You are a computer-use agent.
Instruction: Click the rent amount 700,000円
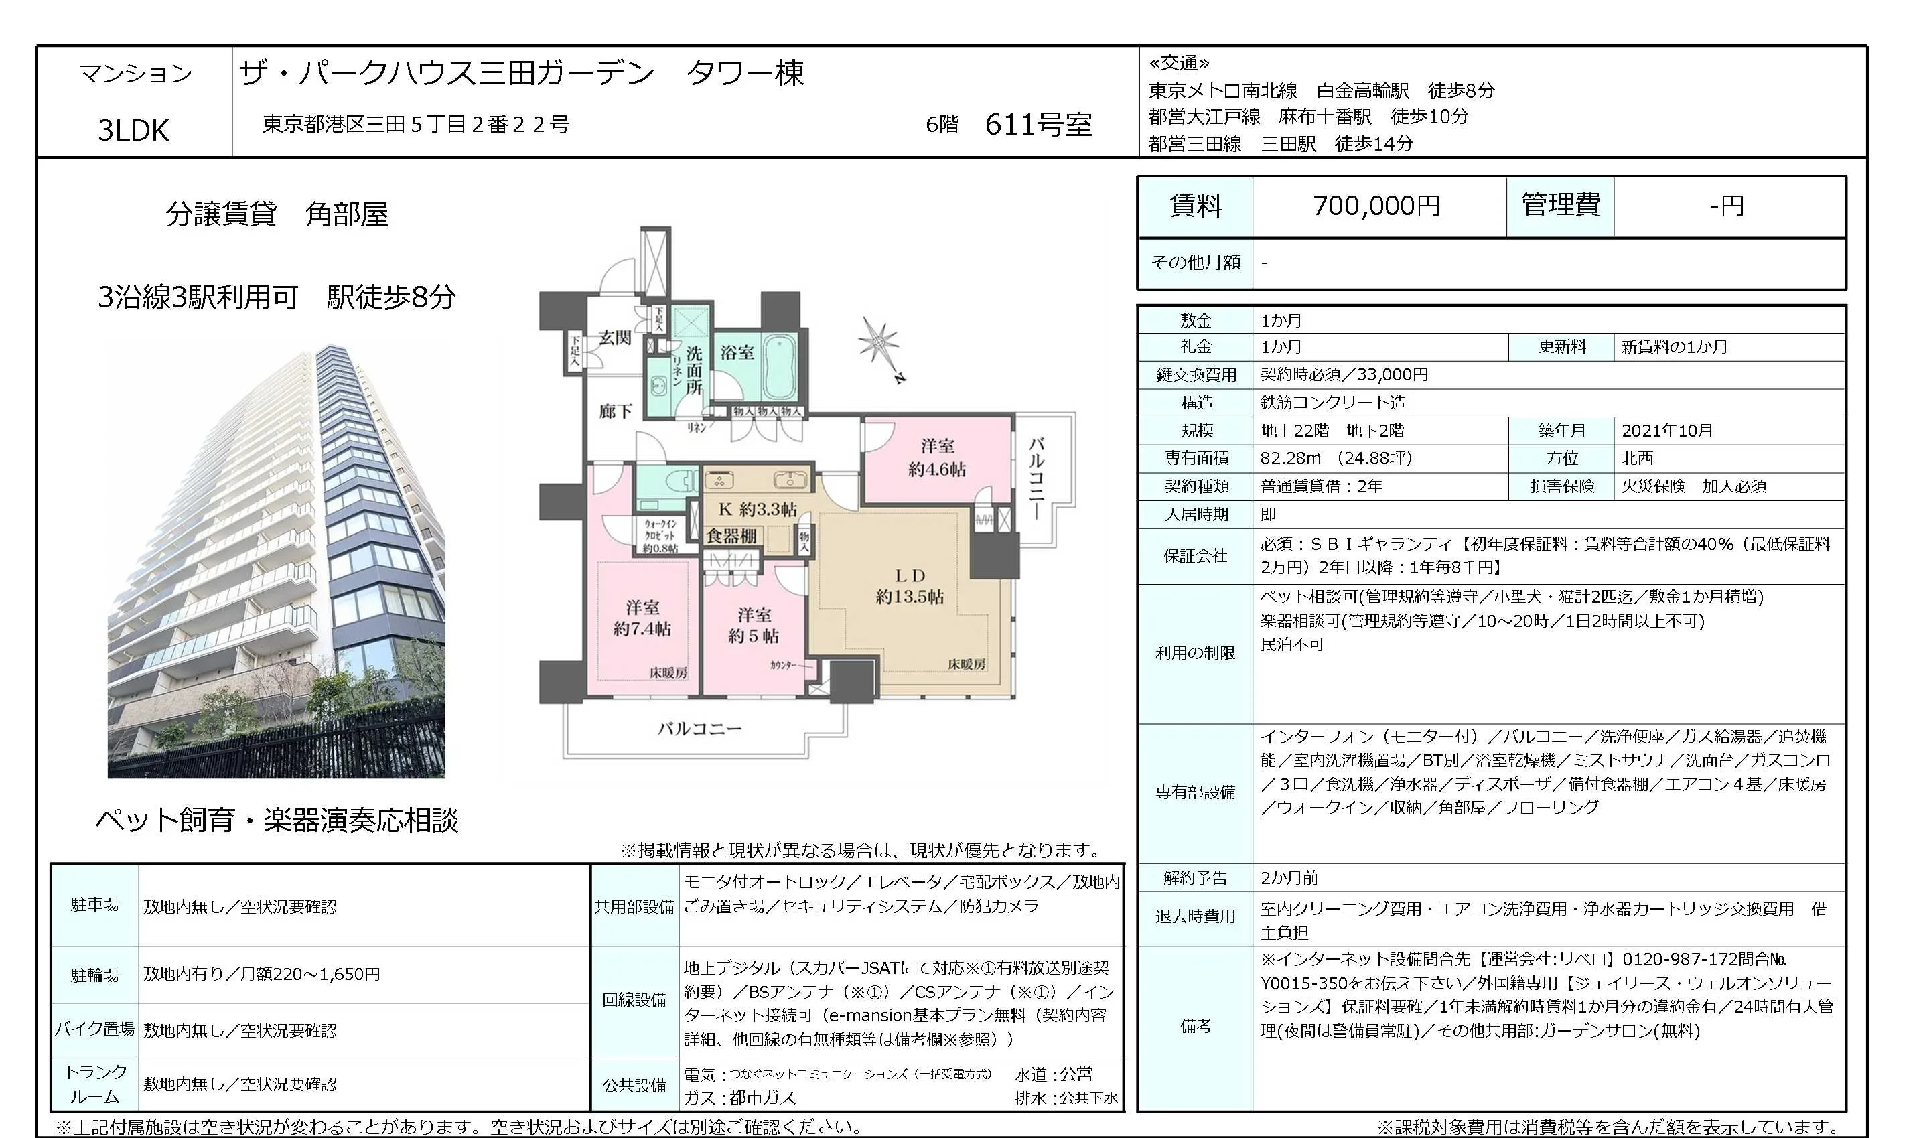(1376, 206)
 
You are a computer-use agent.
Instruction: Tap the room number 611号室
(1038, 124)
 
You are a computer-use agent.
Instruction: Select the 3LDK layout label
(133, 131)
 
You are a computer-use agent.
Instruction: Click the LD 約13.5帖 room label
(910, 586)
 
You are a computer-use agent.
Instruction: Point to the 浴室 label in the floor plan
(737, 353)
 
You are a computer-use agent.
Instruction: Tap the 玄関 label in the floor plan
(615, 338)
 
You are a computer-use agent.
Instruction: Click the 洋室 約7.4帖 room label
(642, 618)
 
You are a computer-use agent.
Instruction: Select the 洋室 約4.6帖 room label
(937, 457)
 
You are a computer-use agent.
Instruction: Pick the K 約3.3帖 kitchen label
(758, 509)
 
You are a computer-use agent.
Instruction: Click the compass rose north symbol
(880, 344)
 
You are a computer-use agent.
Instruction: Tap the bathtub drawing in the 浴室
(780, 366)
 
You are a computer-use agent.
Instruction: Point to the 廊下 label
(616, 412)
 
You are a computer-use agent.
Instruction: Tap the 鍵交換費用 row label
(1196, 375)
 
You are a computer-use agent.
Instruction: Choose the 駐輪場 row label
(95, 975)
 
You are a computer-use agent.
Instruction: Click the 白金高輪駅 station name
(1362, 90)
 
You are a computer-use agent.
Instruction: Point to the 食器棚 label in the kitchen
(731, 536)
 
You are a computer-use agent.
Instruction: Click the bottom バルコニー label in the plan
(699, 729)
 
